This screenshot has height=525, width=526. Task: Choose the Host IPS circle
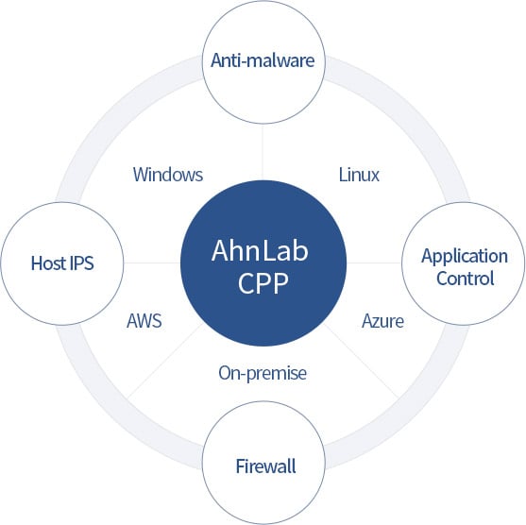point(61,262)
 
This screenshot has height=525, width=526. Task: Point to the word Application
point(464,256)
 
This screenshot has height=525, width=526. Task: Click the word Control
point(464,279)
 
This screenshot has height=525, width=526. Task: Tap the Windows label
point(168,175)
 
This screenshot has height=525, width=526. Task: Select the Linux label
point(359,175)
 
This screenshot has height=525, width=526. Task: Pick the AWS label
point(144,320)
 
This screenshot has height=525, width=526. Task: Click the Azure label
point(382,321)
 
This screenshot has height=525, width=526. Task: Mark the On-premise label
point(263,373)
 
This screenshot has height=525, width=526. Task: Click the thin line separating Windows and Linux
point(263,151)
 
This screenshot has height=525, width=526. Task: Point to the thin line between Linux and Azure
point(373,262)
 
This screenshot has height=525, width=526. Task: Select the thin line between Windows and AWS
point(151,262)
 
